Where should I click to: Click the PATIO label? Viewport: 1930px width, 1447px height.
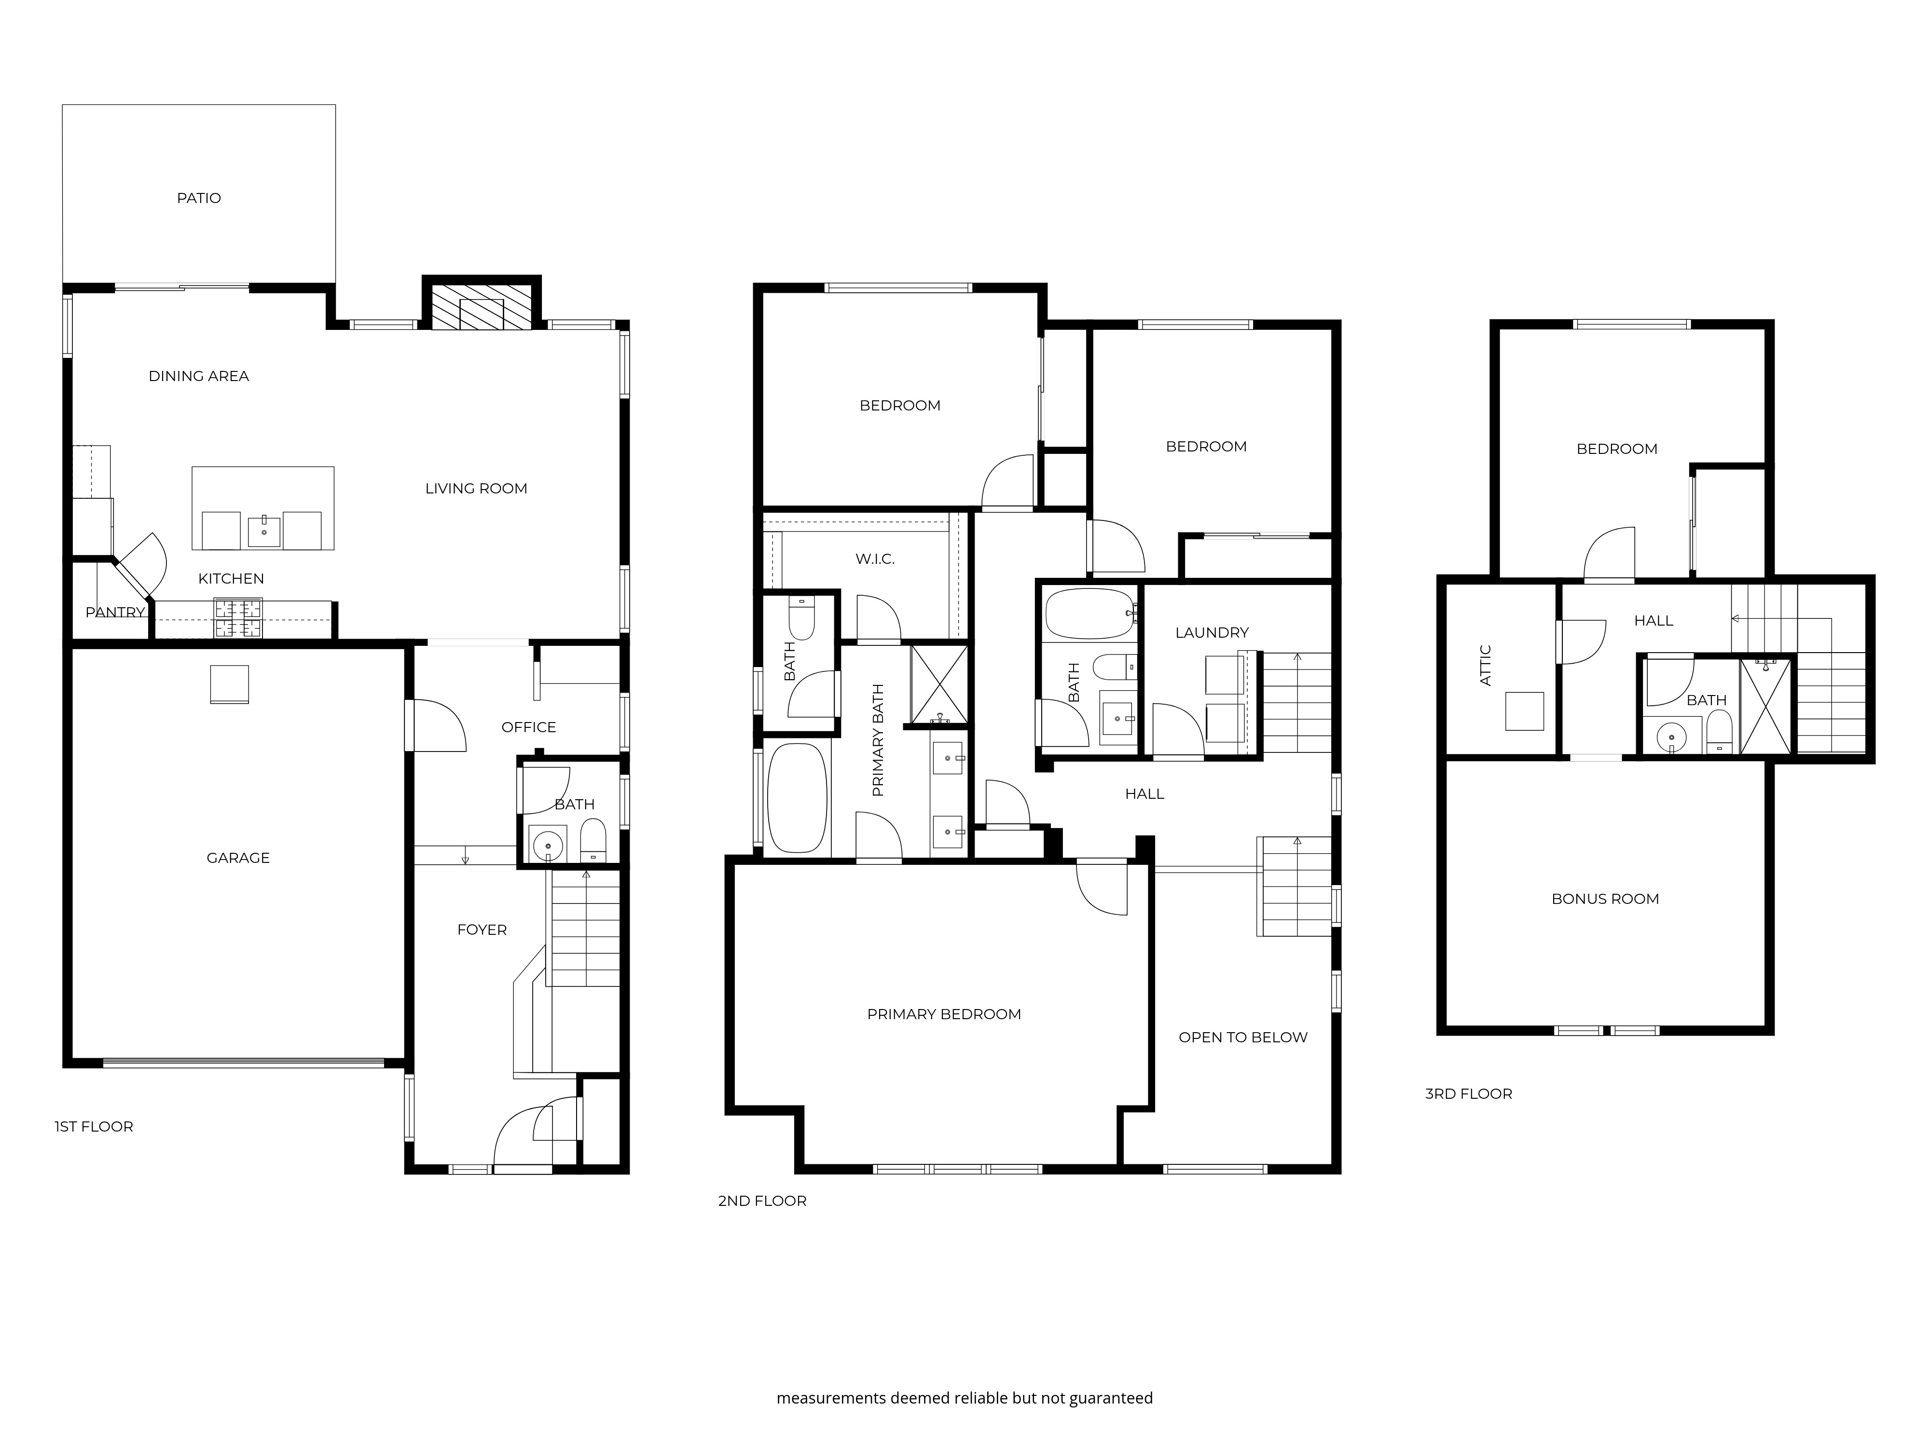tap(199, 198)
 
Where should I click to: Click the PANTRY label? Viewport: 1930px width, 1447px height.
tap(115, 612)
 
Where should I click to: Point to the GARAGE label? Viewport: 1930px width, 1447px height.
tap(238, 858)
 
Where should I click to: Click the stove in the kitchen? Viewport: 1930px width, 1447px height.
tap(239, 618)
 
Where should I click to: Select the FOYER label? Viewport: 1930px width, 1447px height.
tap(482, 930)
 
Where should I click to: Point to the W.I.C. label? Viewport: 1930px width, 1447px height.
tap(875, 559)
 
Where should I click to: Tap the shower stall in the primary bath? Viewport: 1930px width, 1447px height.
tap(939, 685)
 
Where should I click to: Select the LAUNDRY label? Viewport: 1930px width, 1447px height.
tap(1212, 632)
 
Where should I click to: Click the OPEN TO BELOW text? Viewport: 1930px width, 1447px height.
tap(1243, 1037)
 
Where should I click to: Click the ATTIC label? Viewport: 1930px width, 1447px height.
tap(1486, 666)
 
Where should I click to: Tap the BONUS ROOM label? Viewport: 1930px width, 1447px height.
tap(1605, 899)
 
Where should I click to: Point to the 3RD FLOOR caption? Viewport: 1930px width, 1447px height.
tap(1468, 1094)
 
